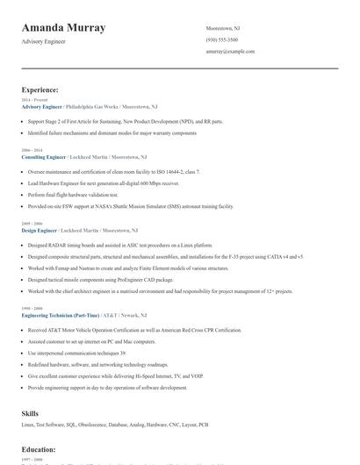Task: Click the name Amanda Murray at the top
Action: point(63,28)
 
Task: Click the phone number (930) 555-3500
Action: point(221,39)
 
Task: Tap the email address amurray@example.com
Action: point(230,51)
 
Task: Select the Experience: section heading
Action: point(40,89)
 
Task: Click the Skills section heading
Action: point(30,412)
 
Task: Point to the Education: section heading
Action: point(39,449)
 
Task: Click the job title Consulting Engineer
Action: point(43,155)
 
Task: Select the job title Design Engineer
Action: point(40,229)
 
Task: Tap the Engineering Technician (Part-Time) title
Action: point(61,315)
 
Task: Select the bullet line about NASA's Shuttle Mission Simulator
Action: point(131,206)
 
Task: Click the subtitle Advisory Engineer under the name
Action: point(44,42)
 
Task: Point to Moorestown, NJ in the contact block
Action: point(223,28)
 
